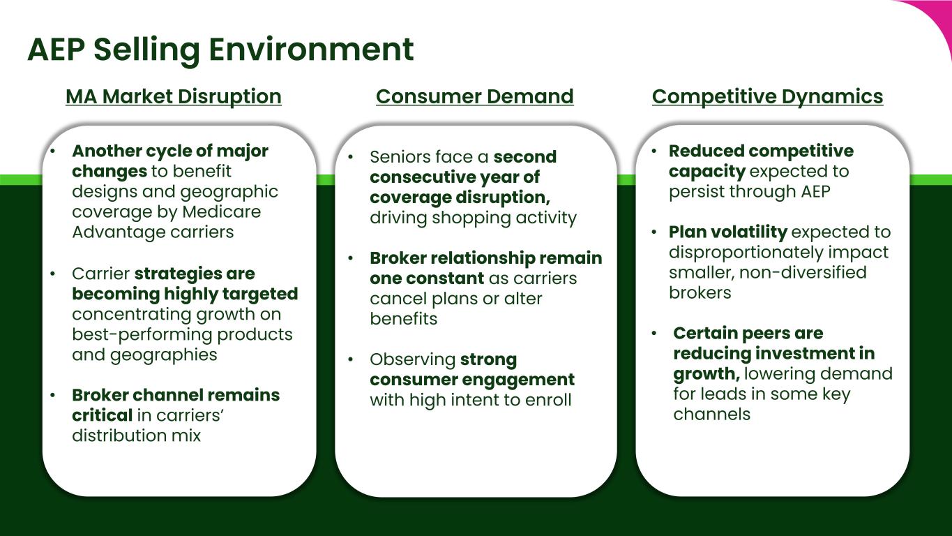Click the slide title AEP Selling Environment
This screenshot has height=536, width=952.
click(x=220, y=50)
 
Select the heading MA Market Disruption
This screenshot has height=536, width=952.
click(x=174, y=96)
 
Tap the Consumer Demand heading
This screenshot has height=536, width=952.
click(x=474, y=96)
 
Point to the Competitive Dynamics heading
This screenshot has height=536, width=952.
click(x=767, y=96)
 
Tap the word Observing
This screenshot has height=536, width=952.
click(x=412, y=359)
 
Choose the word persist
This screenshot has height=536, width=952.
click(x=697, y=191)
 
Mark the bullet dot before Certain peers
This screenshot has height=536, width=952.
click(x=654, y=334)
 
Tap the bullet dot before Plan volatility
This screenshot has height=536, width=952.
click(x=654, y=232)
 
